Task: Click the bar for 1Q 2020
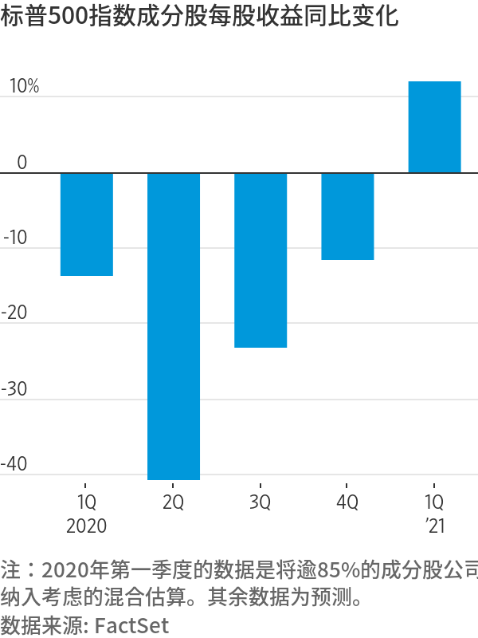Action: click(87, 224)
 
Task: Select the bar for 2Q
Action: click(174, 325)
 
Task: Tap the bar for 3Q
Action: click(261, 260)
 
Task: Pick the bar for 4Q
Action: click(347, 216)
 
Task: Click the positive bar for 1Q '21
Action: click(434, 127)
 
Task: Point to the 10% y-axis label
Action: click(24, 86)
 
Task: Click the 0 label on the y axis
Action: click(22, 162)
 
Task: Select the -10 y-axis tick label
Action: click(16, 238)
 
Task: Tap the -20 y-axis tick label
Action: click(16, 313)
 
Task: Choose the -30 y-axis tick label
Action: click(16, 389)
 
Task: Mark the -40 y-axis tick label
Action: click(16, 464)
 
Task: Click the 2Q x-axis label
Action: click(173, 503)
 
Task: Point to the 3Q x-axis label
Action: click(261, 503)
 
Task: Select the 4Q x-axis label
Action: click(347, 503)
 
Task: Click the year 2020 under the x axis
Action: click(87, 526)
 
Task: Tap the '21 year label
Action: click(435, 526)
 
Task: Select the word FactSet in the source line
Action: click(132, 625)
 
